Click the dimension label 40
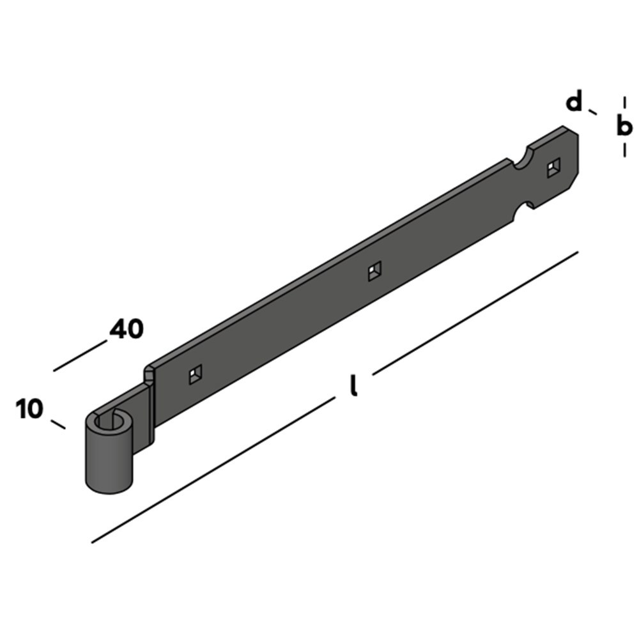127,329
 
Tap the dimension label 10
29,409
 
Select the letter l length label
354,385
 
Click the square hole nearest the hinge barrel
196,374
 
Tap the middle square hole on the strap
375,271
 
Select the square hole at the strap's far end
553,167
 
